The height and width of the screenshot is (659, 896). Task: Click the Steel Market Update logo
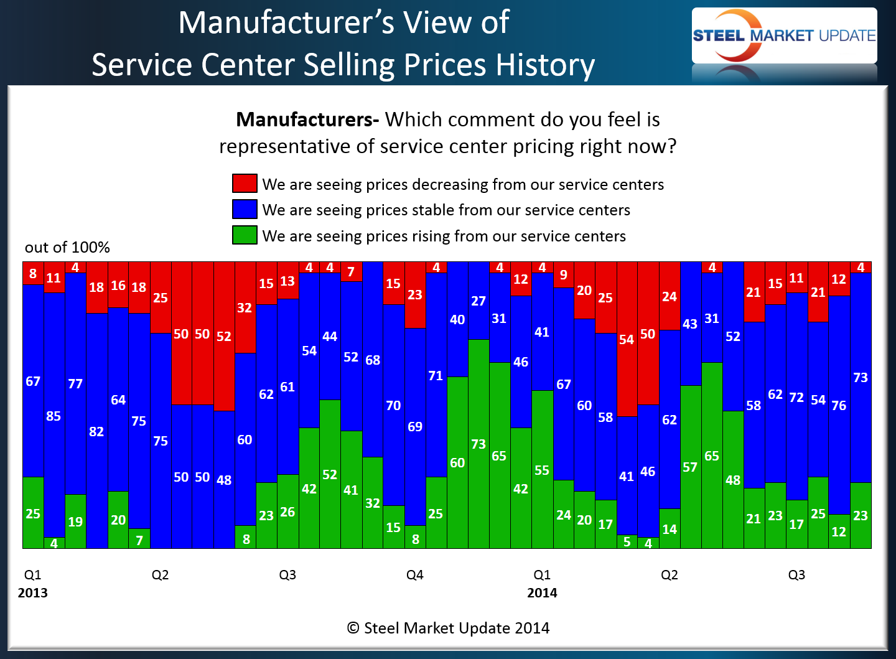(x=784, y=35)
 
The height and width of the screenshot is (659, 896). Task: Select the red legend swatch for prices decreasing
(x=245, y=184)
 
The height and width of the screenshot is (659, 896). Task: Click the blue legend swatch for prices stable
(x=245, y=209)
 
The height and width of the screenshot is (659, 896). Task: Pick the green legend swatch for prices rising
(x=245, y=235)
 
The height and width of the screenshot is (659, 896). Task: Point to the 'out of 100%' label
(x=67, y=248)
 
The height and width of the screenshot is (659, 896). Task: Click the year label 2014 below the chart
(x=542, y=593)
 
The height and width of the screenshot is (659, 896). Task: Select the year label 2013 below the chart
(x=33, y=593)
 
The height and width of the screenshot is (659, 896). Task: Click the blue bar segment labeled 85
(x=54, y=415)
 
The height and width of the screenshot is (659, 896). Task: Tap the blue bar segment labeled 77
(x=75, y=383)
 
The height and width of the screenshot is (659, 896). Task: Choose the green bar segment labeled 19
(x=75, y=521)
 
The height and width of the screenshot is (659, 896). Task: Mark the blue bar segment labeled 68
(x=373, y=360)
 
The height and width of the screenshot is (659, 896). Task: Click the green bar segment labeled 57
(x=691, y=467)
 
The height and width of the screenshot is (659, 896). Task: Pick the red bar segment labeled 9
(x=563, y=275)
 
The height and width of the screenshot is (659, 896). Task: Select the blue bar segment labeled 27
(x=478, y=301)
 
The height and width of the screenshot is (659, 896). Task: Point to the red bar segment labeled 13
(x=287, y=281)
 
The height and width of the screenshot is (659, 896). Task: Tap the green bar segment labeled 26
(x=287, y=512)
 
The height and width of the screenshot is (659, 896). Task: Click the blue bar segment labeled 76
(x=839, y=405)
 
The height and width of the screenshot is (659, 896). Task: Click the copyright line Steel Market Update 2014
(x=448, y=629)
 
